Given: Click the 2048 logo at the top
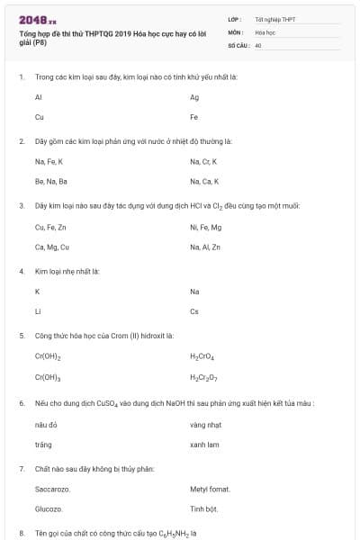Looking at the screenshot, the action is click(31, 19).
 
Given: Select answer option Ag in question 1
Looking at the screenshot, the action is click(194, 96).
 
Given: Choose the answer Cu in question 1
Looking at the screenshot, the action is click(39, 117).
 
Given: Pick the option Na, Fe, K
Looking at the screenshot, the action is click(49, 162).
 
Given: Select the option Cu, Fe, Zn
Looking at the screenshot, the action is click(50, 227).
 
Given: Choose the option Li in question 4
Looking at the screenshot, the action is click(37, 312).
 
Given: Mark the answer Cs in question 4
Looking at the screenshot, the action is click(194, 312).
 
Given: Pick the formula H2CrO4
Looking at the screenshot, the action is click(202, 357).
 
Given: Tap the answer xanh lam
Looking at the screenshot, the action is click(204, 445).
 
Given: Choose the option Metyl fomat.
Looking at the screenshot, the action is click(210, 490).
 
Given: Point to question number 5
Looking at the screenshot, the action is click(22, 335).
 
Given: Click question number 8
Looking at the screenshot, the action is click(22, 534).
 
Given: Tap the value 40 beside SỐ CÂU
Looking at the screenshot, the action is click(258, 44).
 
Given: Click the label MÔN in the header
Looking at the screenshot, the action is click(236, 31).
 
